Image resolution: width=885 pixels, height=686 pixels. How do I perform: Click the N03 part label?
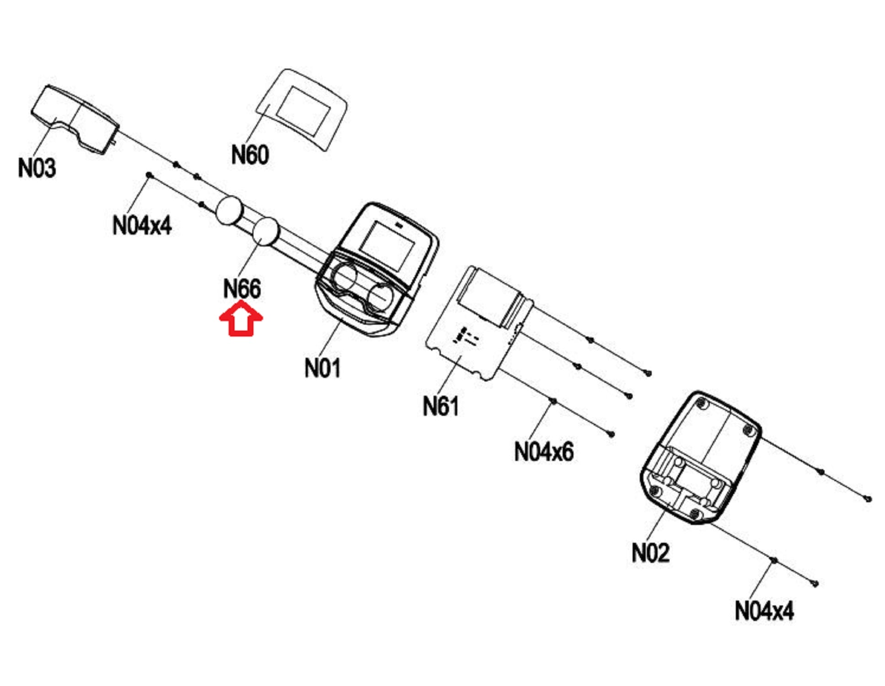coord(37,168)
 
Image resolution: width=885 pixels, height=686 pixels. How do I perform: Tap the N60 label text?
coord(250,155)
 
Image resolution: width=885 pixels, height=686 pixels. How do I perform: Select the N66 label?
coord(242,289)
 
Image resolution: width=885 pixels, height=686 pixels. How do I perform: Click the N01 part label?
coord(322,368)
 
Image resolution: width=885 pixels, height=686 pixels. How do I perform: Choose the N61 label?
coord(440,406)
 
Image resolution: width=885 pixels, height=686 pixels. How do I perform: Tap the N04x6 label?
coord(543,452)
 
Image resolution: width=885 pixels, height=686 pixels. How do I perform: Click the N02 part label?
coord(650,552)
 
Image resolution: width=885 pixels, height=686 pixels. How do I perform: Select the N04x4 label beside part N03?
coord(142,225)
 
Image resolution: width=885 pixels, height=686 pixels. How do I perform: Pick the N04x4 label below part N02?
coord(764,611)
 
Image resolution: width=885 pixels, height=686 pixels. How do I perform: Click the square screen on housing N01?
coord(387,247)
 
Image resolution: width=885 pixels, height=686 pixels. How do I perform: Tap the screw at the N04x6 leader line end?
coord(553,401)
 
